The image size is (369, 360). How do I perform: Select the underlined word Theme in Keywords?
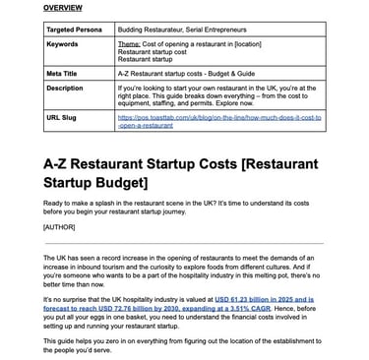(155, 44)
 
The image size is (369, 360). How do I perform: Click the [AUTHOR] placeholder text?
(58, 227)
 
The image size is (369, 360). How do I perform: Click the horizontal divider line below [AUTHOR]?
(184, 243)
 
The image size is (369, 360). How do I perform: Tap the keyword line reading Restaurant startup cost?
(176, 51)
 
